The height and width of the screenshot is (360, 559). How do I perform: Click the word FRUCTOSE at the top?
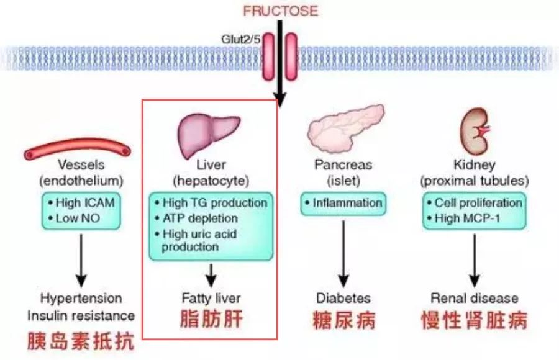coord(280,11)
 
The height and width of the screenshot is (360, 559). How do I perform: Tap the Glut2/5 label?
coord(240,39)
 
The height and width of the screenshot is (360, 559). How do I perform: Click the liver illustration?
coord(209,135)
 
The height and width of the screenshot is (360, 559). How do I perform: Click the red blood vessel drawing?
coord(78,148)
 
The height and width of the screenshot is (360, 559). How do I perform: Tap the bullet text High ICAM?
coord(81,202)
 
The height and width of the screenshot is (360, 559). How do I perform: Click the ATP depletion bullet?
coord(197,218)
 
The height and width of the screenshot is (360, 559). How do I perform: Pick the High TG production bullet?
coord(211,202)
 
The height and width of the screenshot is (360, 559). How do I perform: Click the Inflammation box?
coord(343,204)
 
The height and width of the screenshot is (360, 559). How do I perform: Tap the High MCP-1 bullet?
coord(463,218)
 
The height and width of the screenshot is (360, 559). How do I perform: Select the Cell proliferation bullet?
coord(475,202)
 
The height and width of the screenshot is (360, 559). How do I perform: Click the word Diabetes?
coord(343,298)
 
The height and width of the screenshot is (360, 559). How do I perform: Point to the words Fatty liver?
coord(211,298)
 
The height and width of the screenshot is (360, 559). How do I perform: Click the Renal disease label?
coord(474,298)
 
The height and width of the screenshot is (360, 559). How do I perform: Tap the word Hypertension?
coord(81,299)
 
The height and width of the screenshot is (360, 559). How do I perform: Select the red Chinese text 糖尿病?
coord(344,320)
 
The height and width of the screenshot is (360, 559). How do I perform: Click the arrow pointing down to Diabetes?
coord(343,254)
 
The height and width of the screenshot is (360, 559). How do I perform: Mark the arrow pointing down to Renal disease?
coord(474,260)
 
